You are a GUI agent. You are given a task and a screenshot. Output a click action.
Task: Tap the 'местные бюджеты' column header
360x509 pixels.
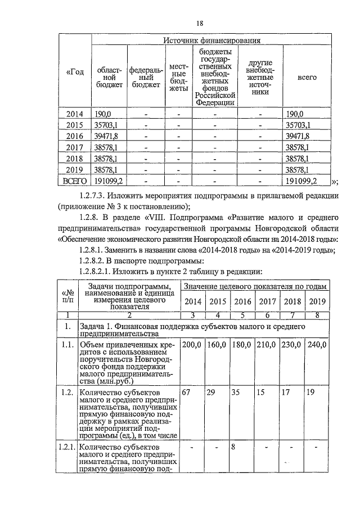click(x=178, y=77)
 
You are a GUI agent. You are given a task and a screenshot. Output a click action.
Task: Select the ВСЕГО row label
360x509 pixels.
click(x=74, y=180)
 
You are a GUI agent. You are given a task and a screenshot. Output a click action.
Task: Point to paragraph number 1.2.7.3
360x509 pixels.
click(x=95, y=196)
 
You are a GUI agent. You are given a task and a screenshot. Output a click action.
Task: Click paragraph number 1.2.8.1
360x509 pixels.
click(x=95, y=250)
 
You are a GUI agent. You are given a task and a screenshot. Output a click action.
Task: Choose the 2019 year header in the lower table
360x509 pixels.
click(x=317, y=301)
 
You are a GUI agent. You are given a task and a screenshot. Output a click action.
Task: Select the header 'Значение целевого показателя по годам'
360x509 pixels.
click(x=255, y=287)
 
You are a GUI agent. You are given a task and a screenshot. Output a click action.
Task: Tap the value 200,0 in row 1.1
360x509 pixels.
click(x=191, y=344)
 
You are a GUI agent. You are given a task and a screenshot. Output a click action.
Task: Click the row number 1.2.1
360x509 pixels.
click(x=67, y=447)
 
